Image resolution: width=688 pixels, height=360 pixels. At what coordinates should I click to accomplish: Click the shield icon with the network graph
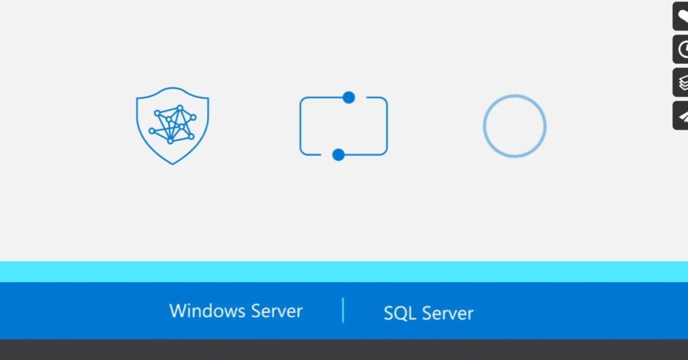tap(173, 126)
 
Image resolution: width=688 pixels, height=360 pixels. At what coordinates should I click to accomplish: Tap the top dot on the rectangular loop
tap(349, 97)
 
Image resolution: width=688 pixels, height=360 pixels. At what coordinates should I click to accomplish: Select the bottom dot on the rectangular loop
tap(339, 154)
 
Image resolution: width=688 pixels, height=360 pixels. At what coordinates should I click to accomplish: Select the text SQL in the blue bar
tap(400, 314)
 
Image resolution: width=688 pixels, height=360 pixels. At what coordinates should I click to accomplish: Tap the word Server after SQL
tap(447, 314)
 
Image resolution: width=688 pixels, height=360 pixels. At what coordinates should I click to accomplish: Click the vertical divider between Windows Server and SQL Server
tap(343, 310)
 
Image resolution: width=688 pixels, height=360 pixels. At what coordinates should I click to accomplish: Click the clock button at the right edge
tap(681, 50)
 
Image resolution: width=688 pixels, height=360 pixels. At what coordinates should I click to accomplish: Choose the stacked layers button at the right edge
tap(681, 83)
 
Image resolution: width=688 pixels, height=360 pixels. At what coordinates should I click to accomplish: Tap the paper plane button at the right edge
tap(681, 116)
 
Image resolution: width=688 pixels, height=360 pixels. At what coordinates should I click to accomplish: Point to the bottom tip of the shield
tap(173, 165)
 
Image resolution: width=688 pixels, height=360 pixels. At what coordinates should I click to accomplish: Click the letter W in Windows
tap(178, 311)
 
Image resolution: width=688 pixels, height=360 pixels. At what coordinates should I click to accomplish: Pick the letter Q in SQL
tap(399, 314)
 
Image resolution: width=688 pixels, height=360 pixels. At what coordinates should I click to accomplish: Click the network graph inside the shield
tap(172, 124)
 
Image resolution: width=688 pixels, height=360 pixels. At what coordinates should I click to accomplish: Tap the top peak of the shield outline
tap(173, 88)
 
